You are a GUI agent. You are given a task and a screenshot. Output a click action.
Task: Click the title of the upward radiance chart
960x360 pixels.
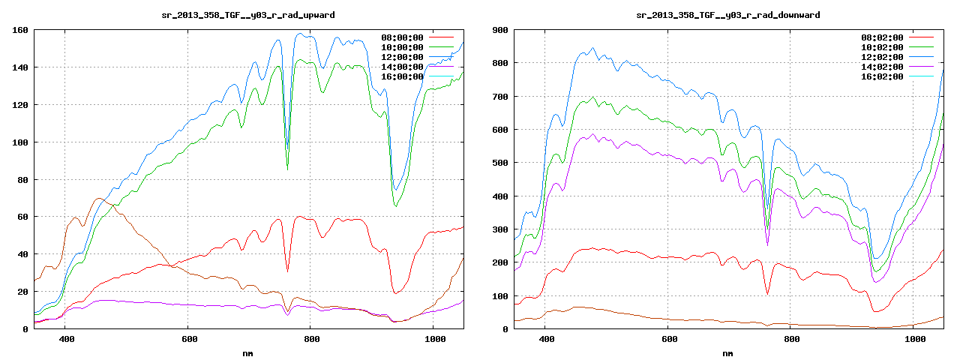(x=248, y=15)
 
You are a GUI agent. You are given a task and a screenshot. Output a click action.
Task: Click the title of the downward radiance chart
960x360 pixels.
(x=727, y=15)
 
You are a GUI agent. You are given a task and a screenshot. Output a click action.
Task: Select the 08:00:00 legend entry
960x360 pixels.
(x=402, y=37)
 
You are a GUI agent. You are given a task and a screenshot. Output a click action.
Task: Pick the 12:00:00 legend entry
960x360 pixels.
(x=402, y=57)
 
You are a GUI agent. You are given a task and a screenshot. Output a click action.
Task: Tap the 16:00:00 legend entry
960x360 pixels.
(x=402, y=76)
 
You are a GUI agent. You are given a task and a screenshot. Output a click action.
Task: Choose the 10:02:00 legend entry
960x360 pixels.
(x=882, y=47)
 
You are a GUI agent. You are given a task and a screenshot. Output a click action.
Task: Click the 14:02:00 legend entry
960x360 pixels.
(x=882, y=67)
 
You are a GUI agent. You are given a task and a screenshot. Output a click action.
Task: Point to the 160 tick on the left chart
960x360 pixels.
(x=19, y=31)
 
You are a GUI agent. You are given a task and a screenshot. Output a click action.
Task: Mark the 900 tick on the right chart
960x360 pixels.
(x=499, y=31)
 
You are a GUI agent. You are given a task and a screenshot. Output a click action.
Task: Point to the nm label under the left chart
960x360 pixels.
(x=248, y=352)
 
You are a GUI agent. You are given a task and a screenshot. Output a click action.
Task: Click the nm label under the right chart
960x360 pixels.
(x=727, y=352)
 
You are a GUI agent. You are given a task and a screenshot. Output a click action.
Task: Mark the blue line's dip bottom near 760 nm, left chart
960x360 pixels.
(x=286, y=150)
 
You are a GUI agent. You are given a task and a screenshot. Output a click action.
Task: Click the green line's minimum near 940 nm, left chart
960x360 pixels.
(x=396, y=205)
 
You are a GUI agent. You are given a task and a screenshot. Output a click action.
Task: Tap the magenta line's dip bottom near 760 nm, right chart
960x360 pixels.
(x=766, y=244)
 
